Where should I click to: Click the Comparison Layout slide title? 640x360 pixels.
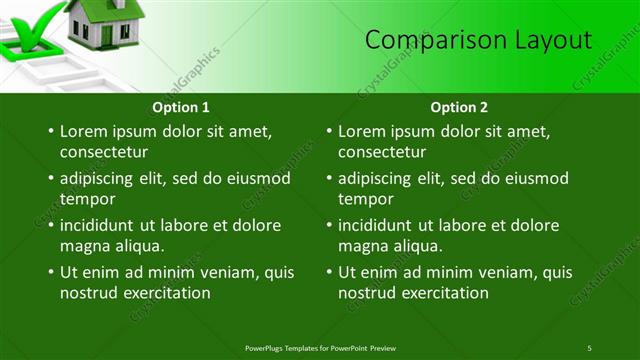478,40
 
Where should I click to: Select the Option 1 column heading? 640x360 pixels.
181,107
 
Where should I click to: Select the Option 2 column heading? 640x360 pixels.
460,107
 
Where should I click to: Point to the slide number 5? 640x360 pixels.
589,347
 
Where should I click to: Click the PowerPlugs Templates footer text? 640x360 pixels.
326,347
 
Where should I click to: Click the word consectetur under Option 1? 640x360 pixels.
104,153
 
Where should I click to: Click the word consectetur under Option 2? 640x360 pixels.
383,153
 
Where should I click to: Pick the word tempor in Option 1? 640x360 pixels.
87,199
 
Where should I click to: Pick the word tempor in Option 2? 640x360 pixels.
366,199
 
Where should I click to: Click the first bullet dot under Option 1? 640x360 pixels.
50,132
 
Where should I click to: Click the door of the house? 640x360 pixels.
106,35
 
